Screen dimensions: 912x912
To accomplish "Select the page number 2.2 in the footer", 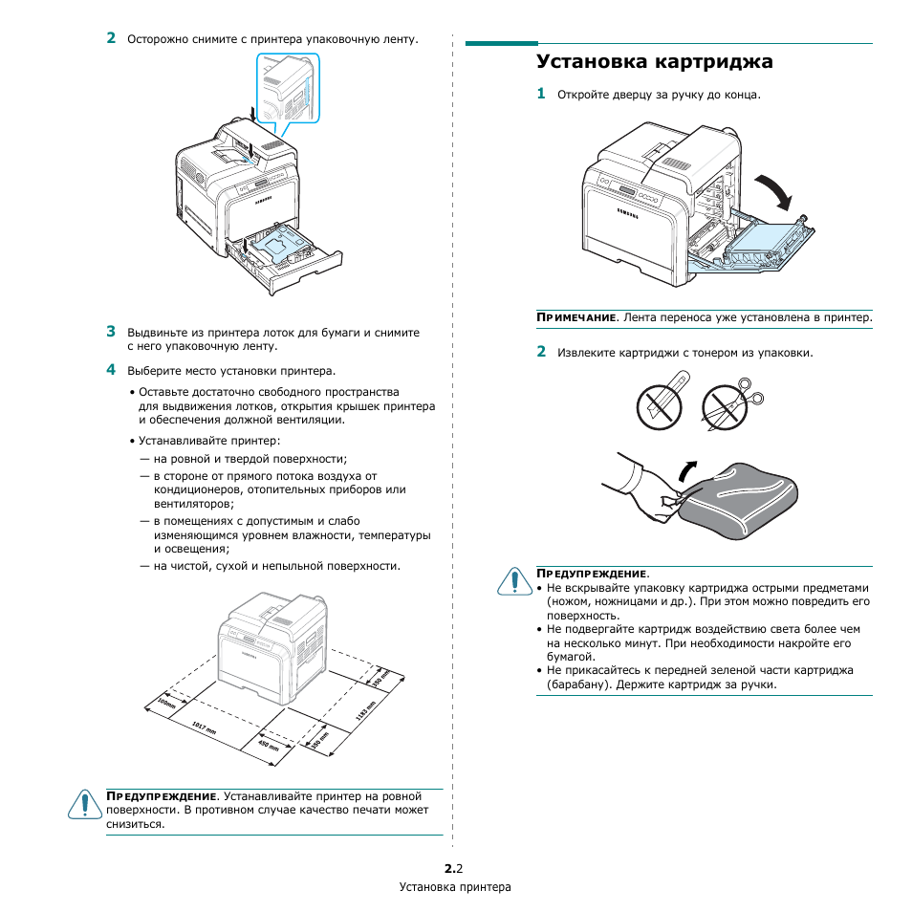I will point(454,868).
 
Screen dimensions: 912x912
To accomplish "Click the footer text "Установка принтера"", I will point(455,887).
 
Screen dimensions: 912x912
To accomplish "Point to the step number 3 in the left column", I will point(111,332).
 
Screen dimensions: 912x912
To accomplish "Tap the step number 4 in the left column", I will point(111,369).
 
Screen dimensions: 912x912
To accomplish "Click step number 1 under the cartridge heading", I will point(541,94).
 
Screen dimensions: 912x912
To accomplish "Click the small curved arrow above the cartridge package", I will point(686,468).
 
